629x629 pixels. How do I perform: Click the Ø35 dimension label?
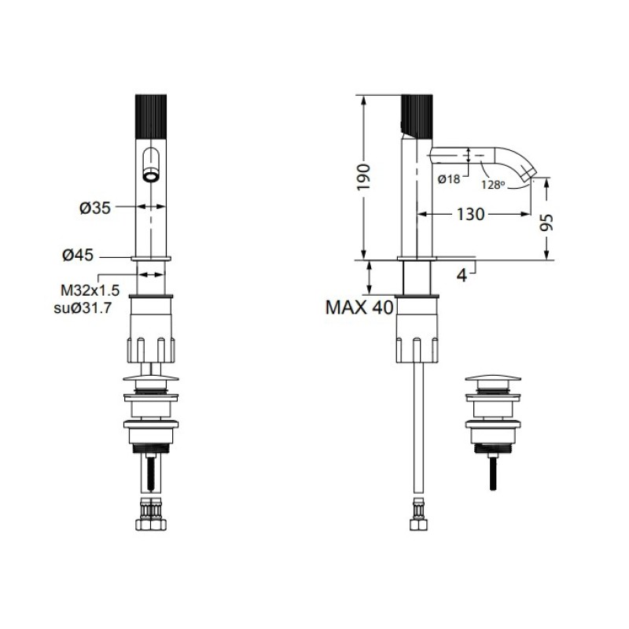(94, 208)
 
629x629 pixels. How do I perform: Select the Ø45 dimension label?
(78, 255)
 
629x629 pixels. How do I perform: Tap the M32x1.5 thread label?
(90, 289)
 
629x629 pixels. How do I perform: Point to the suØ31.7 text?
(83, 308)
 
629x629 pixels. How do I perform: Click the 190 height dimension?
(365, 177)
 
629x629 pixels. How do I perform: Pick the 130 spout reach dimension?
(471, 214)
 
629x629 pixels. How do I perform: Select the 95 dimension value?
(546, 223)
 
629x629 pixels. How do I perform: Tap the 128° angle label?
(493, 185)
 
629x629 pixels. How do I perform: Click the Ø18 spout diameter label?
(449, 179)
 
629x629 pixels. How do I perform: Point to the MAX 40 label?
(359, 307)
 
